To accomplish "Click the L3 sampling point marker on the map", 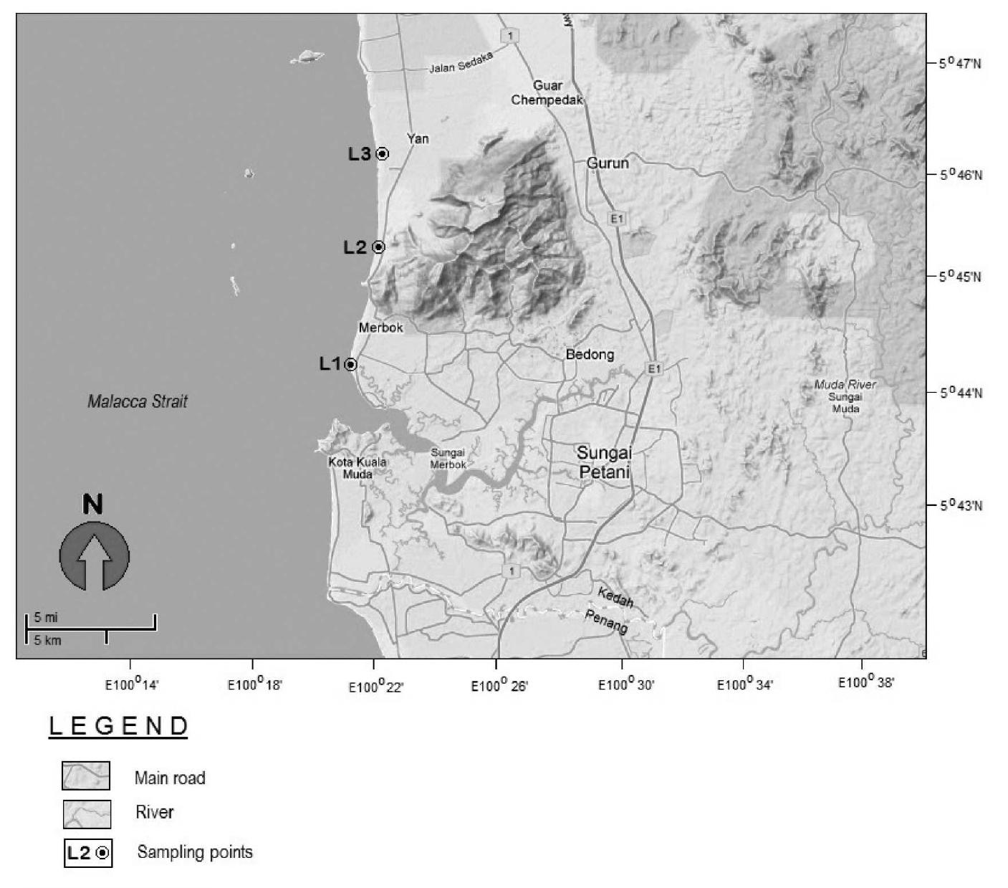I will pyautogui.click(x=383, y=153).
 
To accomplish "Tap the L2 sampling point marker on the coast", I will pyautogui.click(x=378, y=247).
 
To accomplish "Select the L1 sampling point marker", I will pyautogui.click(x=350, y=364).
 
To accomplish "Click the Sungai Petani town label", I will pyautogui.click(x=604, y=462).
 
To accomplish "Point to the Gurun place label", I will pyautogui.click(x=608, y=163).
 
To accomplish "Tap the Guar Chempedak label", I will pyautogui.click(x=547, y=93).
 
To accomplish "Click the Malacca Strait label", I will pyautogui.click(x=138, y=401).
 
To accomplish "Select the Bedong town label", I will pyautogui.click(x=590, y=355).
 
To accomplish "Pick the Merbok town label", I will pyautogui.click(x=380, y=328).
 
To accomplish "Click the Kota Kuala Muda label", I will pyautogui.click(x=357, y=467).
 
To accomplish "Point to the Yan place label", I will pyautogui.click(x=418, y=138).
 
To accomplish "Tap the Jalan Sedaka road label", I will pyautogui.click(x=461, y=63).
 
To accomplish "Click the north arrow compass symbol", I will pyautogui.click(x=94, y=555).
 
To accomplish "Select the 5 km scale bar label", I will pyautogui.click(x=47, y=640).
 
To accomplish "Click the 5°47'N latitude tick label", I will pyautogui.click(x=960, y=64).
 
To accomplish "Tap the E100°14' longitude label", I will pyautogui.click(x=132, y=684).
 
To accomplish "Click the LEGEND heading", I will pyautogui.click(x=118, y=726).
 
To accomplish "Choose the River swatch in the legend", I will pyautogui.click(x=87, y=814).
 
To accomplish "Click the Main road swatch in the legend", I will pyautogui.click(x=86, y=776).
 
